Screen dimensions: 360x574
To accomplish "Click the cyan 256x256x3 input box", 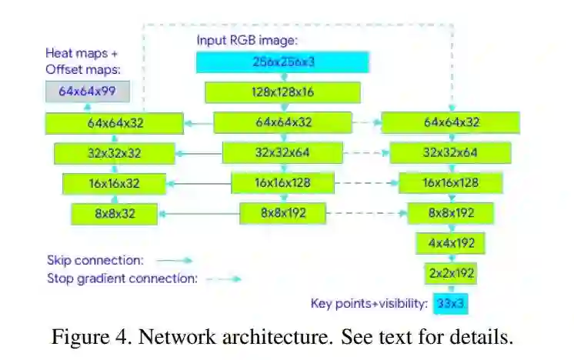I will tap(282, 62).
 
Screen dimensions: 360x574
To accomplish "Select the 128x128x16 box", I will tap(282, 92).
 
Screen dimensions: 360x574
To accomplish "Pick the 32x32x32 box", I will tap(114, 153).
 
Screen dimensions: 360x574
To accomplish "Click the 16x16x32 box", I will tap(114, 183).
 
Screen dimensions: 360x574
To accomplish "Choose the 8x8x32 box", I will tap(115, 213).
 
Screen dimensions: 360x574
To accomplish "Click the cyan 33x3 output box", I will tap(450, 303).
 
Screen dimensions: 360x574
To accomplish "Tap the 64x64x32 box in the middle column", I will tap(283, 122).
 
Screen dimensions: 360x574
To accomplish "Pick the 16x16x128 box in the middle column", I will tap(282, 183).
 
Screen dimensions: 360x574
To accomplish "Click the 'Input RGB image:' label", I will tap(247, 40).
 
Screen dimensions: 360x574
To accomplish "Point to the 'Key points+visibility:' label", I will tap(369, 304).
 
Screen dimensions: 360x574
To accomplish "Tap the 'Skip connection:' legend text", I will tap(95, 260).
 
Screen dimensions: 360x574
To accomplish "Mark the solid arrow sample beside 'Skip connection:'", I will tap(176, 261).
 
